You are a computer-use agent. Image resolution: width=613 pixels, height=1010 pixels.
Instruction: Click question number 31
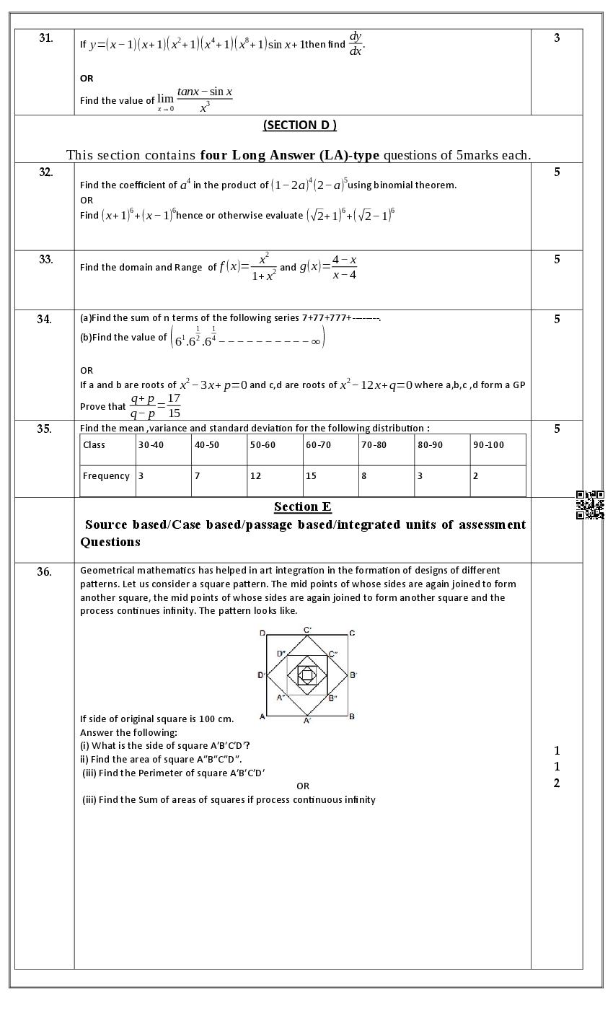pos(45,38)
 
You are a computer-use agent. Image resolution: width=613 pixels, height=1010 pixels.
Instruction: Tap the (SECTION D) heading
pos(299,125)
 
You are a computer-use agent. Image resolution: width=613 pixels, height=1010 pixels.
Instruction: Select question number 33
pos(45,260)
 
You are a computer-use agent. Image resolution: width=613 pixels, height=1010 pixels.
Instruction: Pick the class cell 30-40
pos(151,445)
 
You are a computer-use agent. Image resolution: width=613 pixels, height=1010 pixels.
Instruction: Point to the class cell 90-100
pos(488,445)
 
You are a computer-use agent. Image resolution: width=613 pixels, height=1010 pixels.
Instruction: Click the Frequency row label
pos(106,476)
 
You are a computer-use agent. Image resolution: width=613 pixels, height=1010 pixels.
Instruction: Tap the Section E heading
pos(302,506)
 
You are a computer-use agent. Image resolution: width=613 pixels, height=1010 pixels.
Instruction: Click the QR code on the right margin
pos(589,505)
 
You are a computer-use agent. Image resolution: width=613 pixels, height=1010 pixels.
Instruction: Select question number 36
pos(45,572)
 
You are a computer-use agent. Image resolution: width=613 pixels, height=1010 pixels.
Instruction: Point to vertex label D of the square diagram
pos(262,633)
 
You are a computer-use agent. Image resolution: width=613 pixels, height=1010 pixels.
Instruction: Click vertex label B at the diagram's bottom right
pos(351,716)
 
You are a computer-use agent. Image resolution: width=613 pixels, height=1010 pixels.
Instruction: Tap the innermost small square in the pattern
pos(306,675)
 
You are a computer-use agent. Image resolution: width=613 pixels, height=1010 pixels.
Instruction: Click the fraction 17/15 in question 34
pos(173,405)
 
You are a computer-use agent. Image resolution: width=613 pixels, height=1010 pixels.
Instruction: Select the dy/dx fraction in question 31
pos(356,43)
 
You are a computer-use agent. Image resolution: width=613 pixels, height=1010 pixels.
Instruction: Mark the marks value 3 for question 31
pos(557,38)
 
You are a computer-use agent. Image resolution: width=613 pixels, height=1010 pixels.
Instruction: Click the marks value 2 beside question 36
pos(557,783)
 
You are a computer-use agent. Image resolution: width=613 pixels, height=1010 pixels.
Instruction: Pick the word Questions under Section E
pos(110,542)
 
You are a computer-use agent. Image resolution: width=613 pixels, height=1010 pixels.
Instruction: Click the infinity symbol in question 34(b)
pos(315,342)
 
